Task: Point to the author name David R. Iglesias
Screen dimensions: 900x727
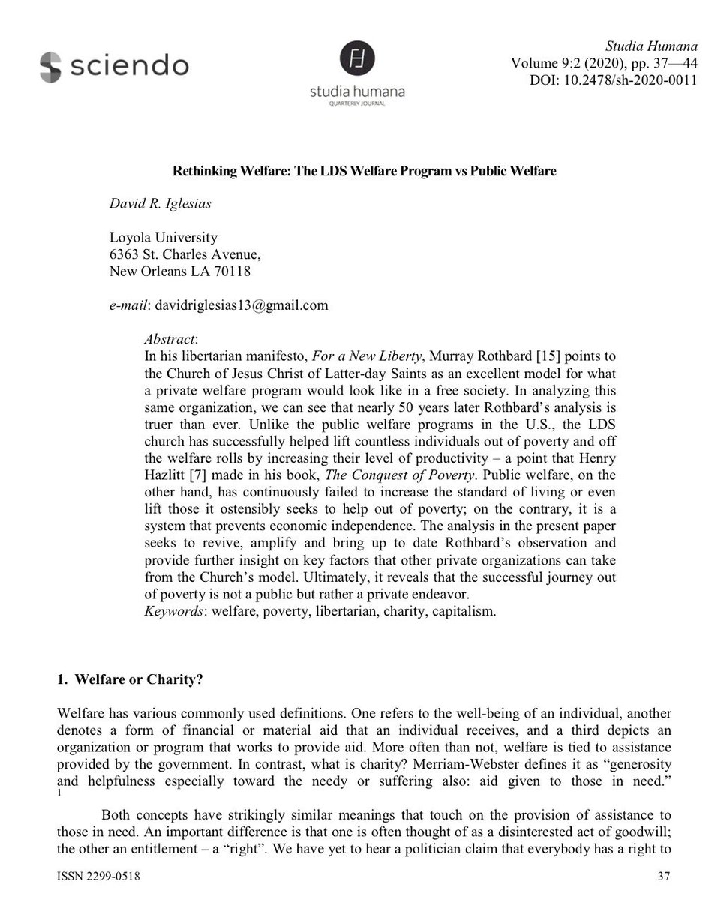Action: coord(160,202)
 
